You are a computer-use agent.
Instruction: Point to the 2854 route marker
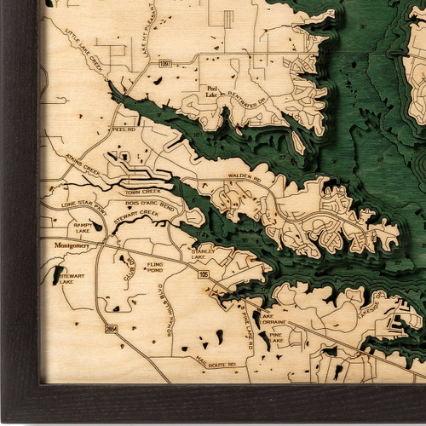point(111,328)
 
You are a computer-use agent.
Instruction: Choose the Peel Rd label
point(123,130)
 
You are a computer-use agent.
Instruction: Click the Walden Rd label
point(242,176)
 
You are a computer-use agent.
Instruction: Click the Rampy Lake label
point(83,227)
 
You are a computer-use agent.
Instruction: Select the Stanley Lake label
point(203,256)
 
